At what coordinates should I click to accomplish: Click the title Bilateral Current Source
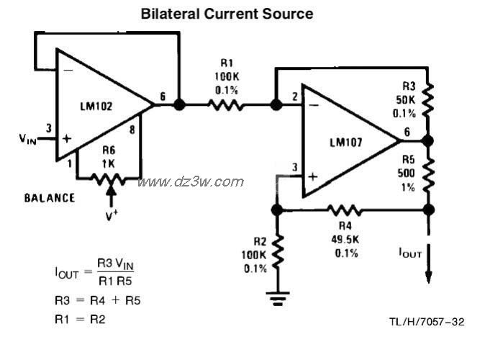[x=227, y=14]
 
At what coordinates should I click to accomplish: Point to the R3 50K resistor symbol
[x=430, y=99]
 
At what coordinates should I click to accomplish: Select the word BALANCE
[x=50, y=197]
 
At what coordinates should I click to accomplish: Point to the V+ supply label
[x=111, y=215]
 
